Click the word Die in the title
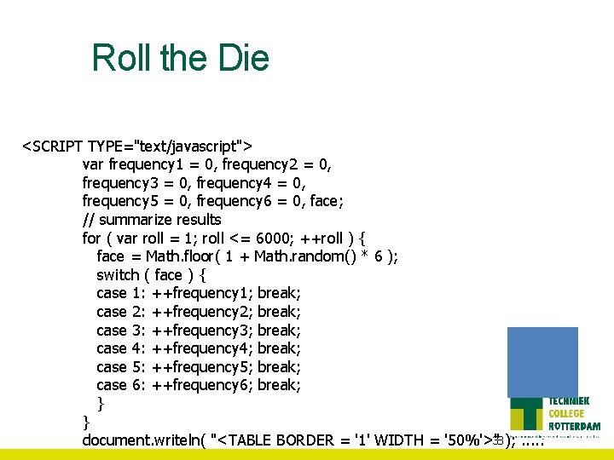243,58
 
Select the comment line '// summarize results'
152,220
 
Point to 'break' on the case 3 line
278,330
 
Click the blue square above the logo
542,362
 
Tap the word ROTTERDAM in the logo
574,426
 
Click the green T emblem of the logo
527,416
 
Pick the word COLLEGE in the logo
567,414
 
